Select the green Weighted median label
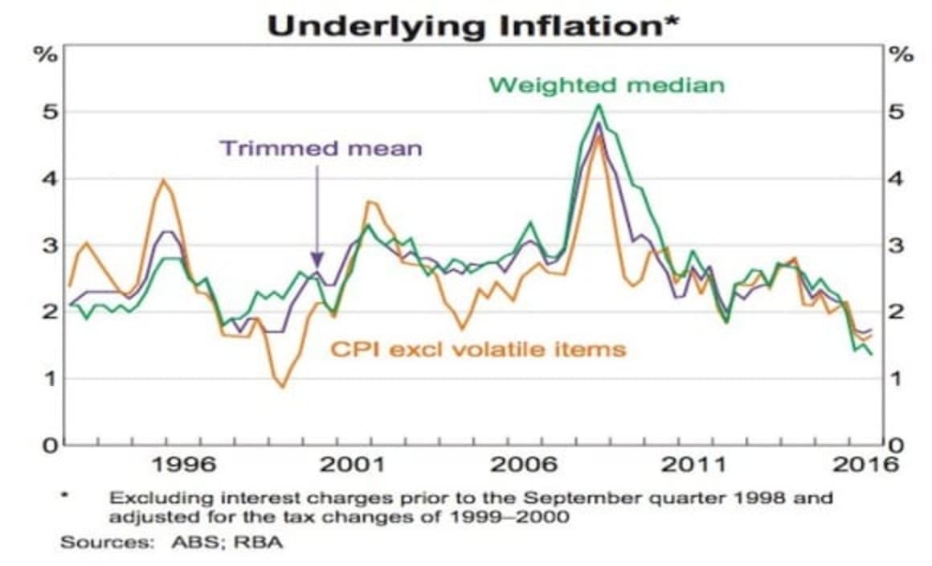tap(607, 85)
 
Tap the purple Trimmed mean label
tap(320, 149)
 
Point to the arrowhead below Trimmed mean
tap(317, 260)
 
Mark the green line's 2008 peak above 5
tap(599, 105)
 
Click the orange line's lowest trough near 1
tap(282, 388)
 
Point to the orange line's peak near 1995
tap(165, 180)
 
